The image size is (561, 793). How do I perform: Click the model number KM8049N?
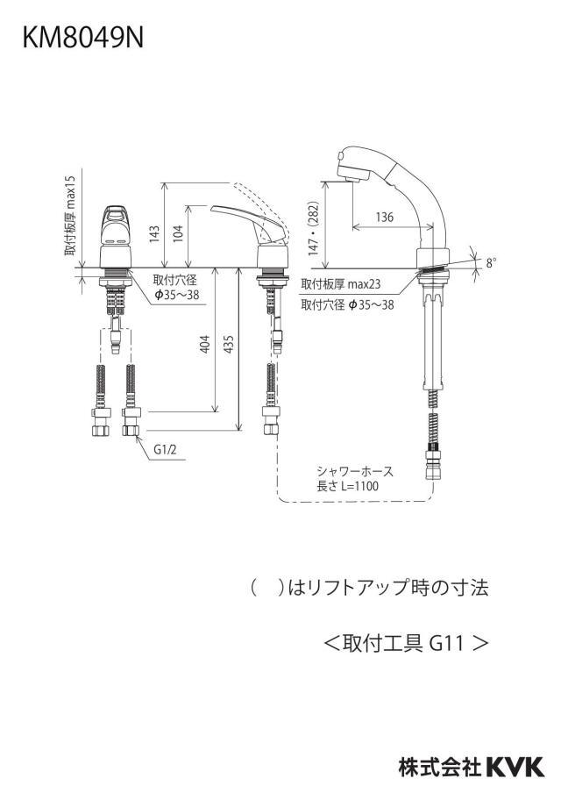tap(83, 38)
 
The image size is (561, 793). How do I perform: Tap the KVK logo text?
tap(515, 768)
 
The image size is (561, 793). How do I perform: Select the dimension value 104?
tap(178, 234)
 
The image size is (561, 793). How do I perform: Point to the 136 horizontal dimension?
tap(385, 218)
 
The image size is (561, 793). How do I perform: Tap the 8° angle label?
tap(492, 263)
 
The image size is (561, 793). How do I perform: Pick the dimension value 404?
tap(205, 344)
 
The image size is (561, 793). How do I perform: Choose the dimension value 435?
tap(229, 344)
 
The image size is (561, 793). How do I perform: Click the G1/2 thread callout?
tap(166, 450)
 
